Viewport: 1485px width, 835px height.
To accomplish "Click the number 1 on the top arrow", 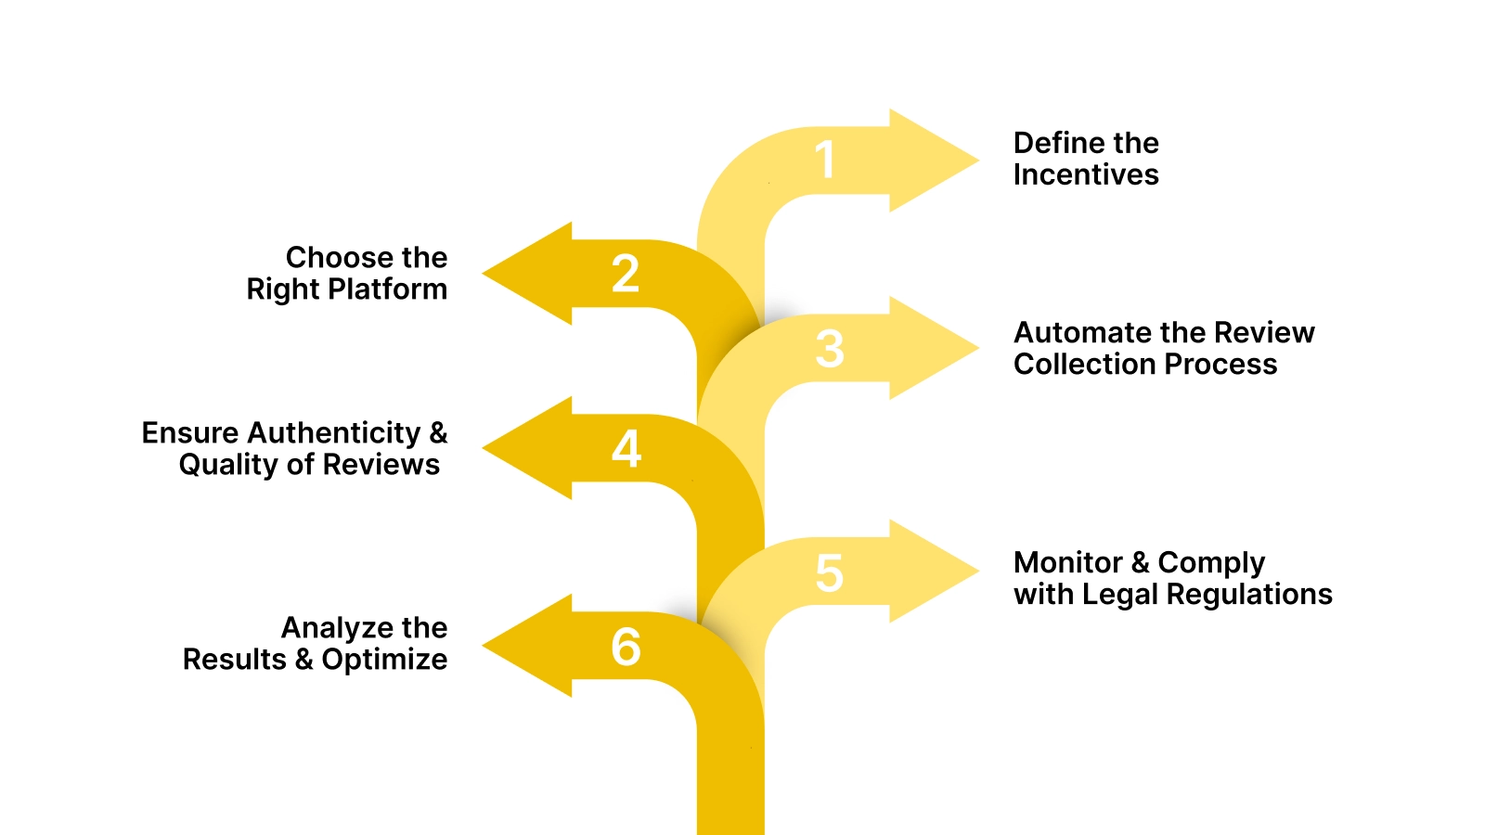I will (825, 160).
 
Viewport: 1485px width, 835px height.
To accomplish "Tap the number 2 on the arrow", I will (626, 274).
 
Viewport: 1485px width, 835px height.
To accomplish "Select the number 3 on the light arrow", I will (830, 349).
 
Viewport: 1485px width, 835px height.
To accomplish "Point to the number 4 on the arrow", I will (626, 449).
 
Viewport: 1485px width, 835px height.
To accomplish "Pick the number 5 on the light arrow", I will (829, 573).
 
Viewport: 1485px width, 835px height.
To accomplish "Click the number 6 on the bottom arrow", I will (626, 647).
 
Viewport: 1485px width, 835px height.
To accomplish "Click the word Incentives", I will (1086, 174).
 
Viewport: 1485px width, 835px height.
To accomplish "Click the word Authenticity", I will (334, 433).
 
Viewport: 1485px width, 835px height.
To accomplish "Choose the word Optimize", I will (384, 660).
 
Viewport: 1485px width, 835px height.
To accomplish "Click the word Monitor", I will (1067, 562).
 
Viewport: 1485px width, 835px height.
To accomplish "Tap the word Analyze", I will (324, 628).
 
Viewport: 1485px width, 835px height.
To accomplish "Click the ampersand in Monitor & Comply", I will (1140, 562).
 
